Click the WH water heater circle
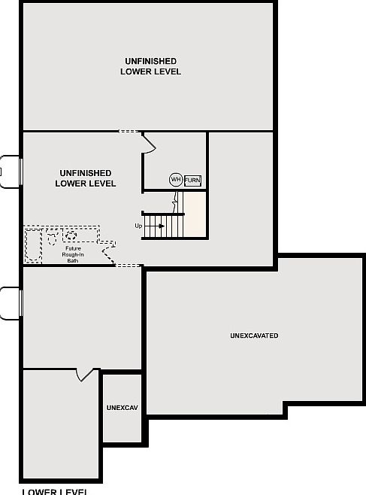pos(175,180)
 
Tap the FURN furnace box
pos(193,180)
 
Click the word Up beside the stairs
pos(138,226)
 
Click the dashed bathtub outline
pos(34,244)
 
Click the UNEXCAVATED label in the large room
pos(254,336)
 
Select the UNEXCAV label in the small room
pos(122,408)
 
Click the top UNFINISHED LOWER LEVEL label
pos(150,66)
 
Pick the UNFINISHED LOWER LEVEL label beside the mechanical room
pos(86,178)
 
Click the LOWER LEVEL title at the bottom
pos(54,491)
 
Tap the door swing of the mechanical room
pos(149,143)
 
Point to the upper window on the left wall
pos(11,172)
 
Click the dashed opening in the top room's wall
pos(129,132)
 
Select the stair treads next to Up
pos(164,226)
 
